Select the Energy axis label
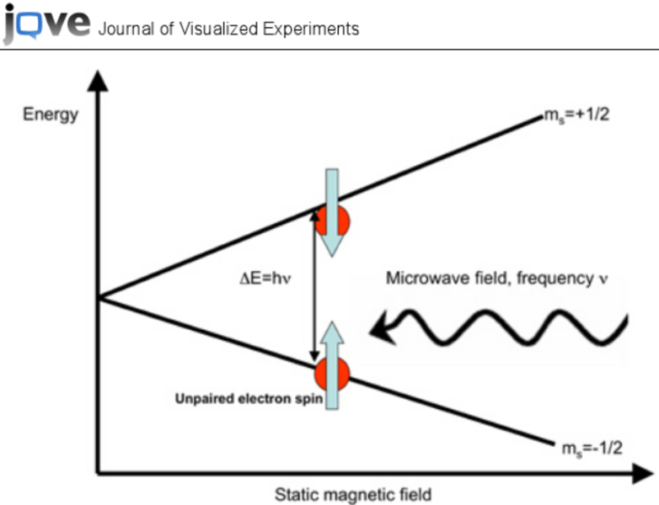(50, 114)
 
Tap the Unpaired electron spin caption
(249, 400)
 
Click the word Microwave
(421, 278)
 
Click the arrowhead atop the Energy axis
(99, 80)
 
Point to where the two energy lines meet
(99, 297)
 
